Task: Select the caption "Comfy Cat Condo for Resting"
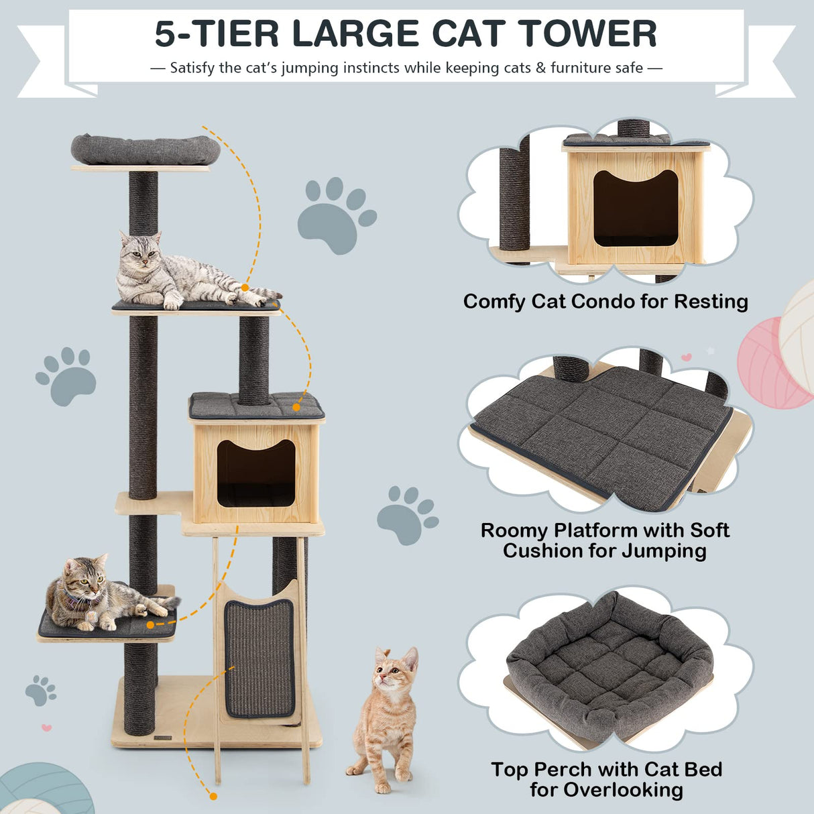(605, 302)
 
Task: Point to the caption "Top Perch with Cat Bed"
(606, 769)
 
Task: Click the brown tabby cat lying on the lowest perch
(101, 593)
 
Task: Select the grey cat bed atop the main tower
(146, 149)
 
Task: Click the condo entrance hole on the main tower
(256, 473)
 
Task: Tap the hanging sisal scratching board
(259, 658)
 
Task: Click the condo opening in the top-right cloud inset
(635, 208)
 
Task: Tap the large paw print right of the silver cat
(335, 215)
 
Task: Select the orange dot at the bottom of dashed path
(213, 797)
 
